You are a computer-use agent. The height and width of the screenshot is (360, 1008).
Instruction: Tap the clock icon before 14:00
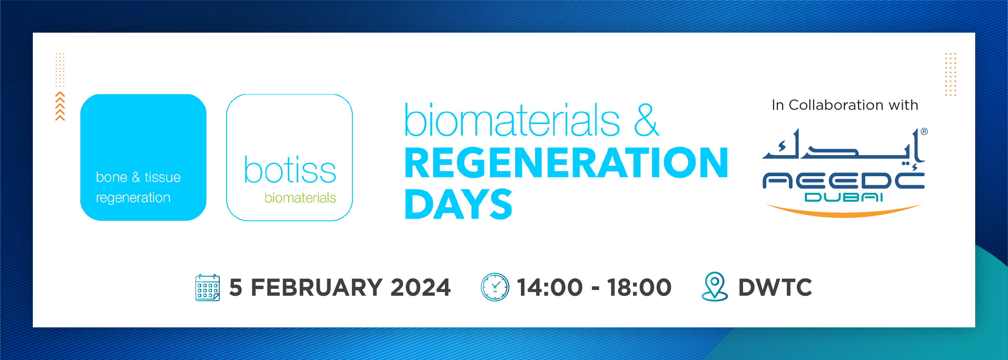click(495, 287)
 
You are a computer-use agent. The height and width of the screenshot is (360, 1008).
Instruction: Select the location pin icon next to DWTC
click(714, 287)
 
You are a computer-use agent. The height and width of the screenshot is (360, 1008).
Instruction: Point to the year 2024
click(421, 287)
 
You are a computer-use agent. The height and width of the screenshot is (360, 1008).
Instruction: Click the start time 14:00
click(550, 287)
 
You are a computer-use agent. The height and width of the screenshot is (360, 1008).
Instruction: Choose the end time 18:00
click(639, 287)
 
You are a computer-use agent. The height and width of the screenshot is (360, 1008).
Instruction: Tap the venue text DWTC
click(775, 287)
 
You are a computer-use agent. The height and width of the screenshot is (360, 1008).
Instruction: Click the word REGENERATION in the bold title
click(566, 163)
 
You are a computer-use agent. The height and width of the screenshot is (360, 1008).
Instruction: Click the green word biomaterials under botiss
click(300, 198)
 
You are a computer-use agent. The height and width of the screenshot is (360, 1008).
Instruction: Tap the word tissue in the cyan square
click(162, 177)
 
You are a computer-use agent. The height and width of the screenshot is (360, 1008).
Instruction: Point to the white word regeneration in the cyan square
click(133, 198)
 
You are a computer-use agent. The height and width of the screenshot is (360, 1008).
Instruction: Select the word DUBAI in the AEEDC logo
click(843, 198)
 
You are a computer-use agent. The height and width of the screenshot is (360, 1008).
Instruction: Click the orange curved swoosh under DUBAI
click(844, 212)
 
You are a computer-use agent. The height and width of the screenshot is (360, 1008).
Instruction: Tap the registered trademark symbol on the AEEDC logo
click(924, 132)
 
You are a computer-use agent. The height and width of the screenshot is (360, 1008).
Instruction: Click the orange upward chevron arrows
click(60, 106)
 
